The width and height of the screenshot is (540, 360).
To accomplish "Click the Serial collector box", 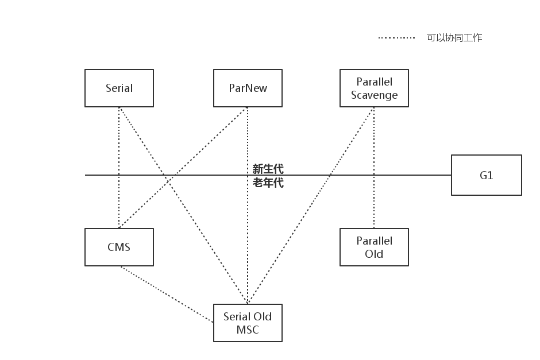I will pyautogui.click(x=119, y=88).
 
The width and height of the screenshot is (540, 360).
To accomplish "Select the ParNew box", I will pyautogui.click(x=248, y=88).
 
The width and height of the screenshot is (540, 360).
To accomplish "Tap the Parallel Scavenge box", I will pyautogui.click(x=374, y=88).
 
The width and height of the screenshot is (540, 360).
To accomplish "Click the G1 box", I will pyautogui.click(x=486, y=175).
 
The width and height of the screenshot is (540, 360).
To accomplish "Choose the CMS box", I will pyautogui.click(x=119, y=247).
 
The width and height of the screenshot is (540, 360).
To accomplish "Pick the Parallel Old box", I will pyautogui.click(x=374, y=247).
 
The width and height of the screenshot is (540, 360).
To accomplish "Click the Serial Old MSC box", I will pyautogui.click(x=248, y=323).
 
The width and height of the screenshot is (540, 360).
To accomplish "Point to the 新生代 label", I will pyautogui.click(x=268, y=169).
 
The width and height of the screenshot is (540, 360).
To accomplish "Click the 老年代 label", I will pyautogui.click(x=268, y=183).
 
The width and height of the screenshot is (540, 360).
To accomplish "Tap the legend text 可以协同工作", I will pyautogui.click(x=454, y=38).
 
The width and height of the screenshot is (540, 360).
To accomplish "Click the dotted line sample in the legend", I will pyautogui.click(x=396, y=38).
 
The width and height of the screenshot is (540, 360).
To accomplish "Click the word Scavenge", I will pyautogui.click(x=374, y=95).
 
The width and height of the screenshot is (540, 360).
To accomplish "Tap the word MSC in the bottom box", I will pyautogui.click(x=248, y=330).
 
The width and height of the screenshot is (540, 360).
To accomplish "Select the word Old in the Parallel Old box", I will pyautogui.click(x=374, y=254).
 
